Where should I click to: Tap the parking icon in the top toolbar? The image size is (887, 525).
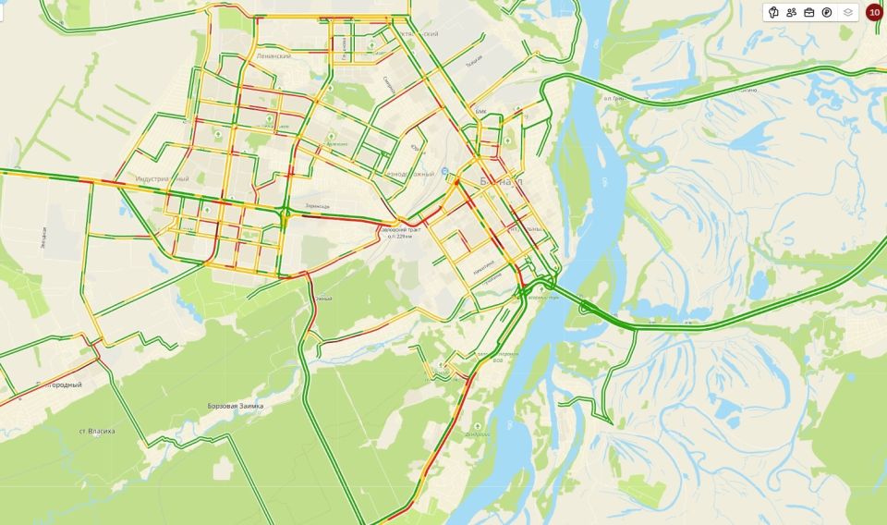[827, 12]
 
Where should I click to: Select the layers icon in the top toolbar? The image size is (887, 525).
[847, 12]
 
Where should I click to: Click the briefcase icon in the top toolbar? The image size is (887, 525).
[809, 12]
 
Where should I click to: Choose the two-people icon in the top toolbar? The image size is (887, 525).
[792, 12]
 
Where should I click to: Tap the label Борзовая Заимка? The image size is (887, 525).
[236, 406]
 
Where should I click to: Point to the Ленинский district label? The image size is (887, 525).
[273, 56]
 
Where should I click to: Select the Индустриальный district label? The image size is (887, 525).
[162, 177]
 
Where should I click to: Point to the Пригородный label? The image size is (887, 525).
[57, 385]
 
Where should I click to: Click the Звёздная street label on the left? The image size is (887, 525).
[43, 238]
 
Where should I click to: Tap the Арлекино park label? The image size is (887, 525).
[338, 144]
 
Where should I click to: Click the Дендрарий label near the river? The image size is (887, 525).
[477, 433]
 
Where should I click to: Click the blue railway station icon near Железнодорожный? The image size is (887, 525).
[446, 171]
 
